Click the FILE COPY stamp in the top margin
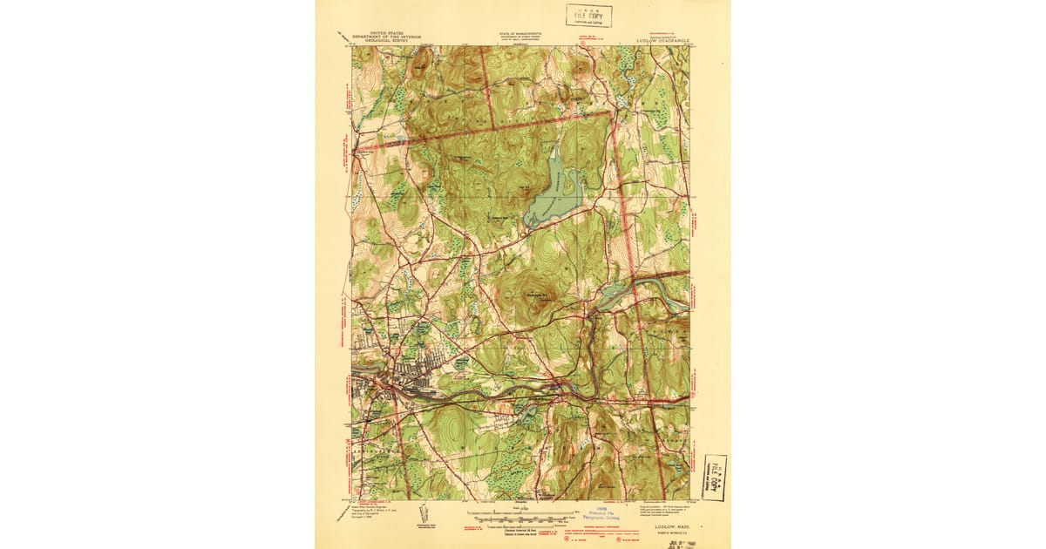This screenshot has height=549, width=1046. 588,16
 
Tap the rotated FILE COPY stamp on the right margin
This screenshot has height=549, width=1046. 716,477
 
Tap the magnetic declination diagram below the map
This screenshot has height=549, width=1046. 424,514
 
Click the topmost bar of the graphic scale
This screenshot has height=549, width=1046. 523,511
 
